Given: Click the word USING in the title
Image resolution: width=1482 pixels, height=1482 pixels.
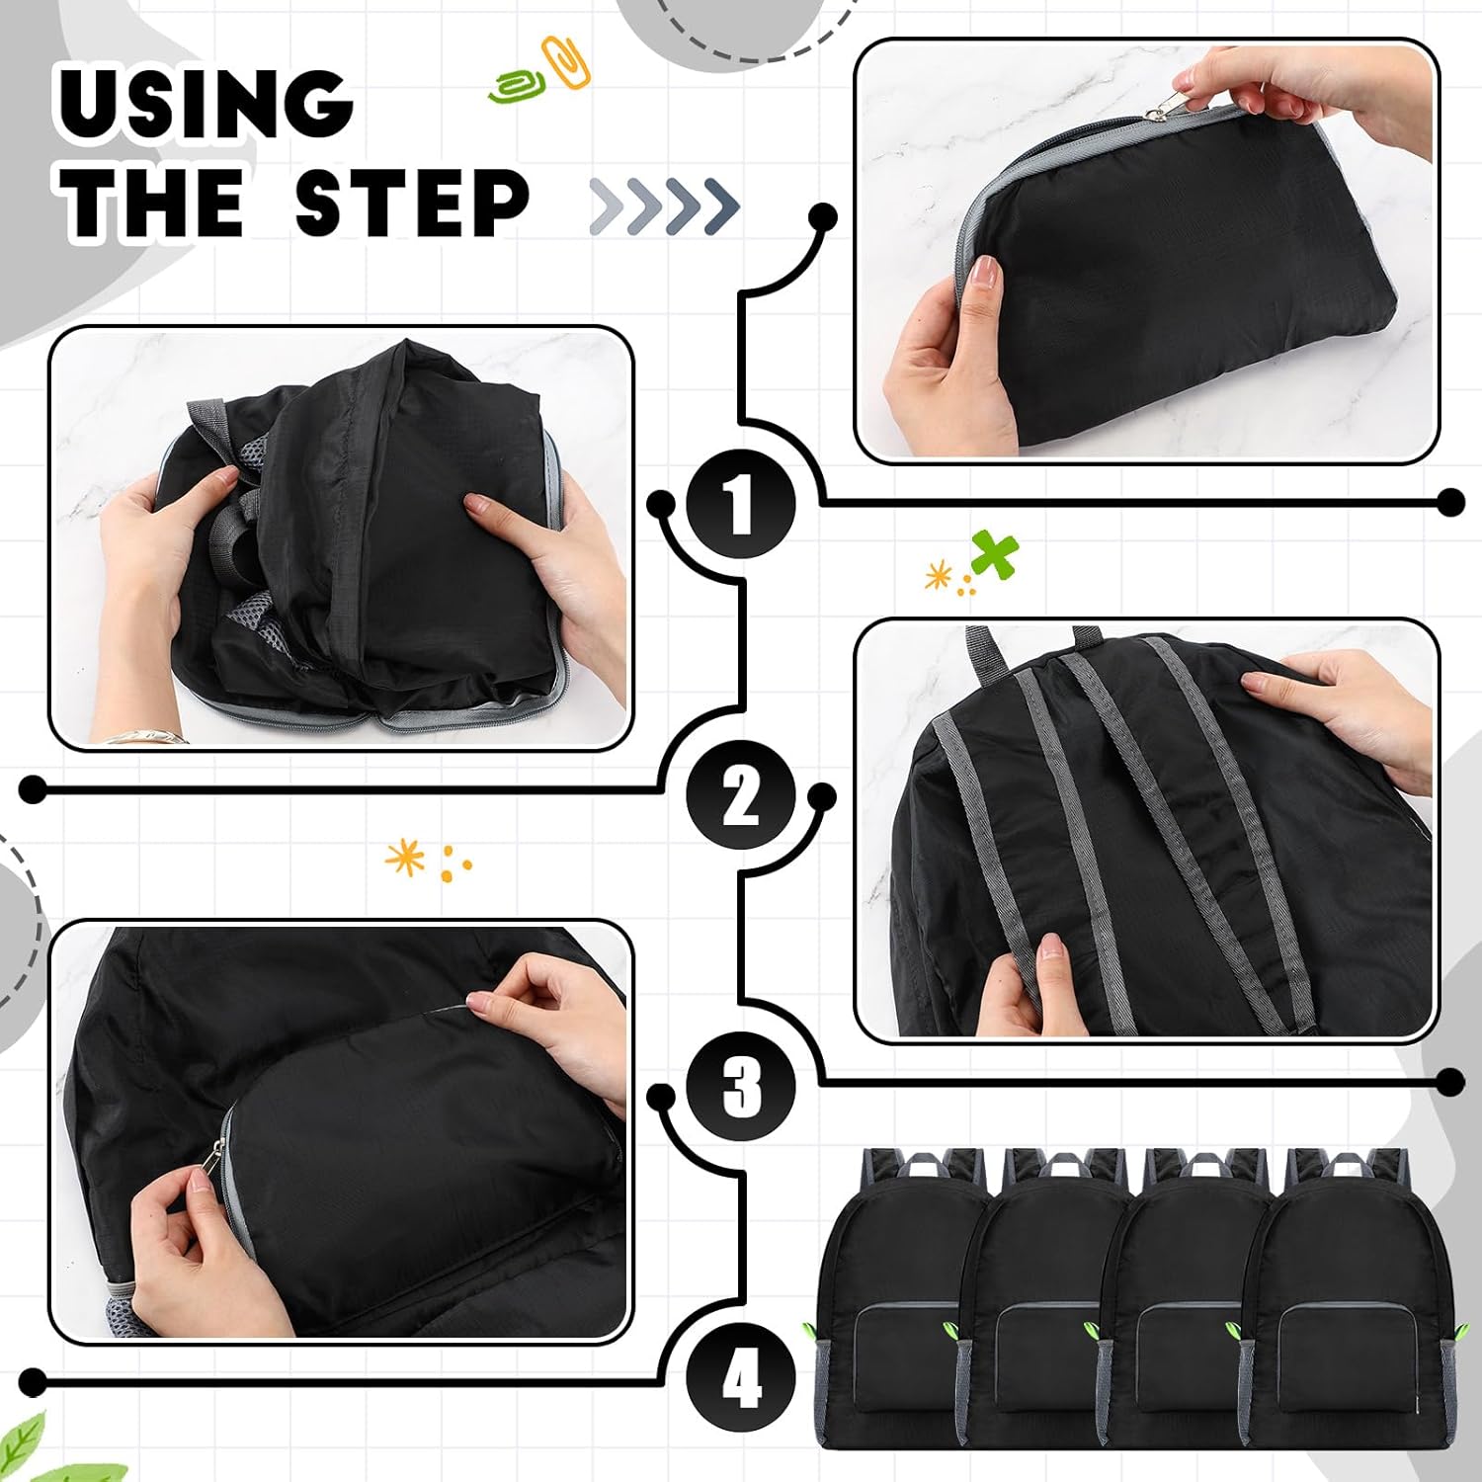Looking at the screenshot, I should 206,104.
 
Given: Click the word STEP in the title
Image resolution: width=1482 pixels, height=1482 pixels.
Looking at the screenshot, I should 412,203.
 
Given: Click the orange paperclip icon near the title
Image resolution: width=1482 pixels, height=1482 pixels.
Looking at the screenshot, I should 566,61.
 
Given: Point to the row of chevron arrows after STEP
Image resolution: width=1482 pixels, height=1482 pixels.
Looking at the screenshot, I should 664,206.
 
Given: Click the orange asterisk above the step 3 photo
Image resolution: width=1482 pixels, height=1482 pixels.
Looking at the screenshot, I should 405,857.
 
